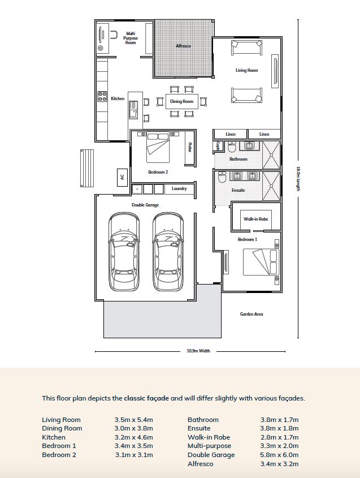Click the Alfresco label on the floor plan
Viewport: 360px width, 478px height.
pyautogui.click(x=183, y=46)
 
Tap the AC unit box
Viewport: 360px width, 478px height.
pyautogui.click(x=122, y=177)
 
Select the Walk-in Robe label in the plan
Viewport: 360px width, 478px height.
pyautogui.click(x=256, y=219)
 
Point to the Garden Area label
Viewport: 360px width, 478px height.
pyautogui.click(x=251, y=314)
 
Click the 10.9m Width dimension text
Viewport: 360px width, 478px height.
pyautogui.click(x=198, y=351)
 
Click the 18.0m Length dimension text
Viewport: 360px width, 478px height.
pyautogui.click(x=298, y=179)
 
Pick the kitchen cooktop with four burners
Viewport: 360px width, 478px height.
pyautogui.click(x=102, y=97)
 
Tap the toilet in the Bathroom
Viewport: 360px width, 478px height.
pyautogui.click(x=232, y=147)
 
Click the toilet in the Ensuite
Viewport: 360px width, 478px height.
pyautogui.click(x=222, y=177)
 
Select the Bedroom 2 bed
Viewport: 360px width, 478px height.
pyautogui.click(x=158, y=147)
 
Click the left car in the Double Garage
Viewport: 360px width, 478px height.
pyautogui.click(x=124, y=252)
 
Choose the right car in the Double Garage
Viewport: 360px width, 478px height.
pyautogui.click(x=168, y=252)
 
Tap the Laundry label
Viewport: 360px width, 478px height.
pyautogui.click(x=179, y=189)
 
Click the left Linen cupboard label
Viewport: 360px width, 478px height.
pyautogui.click(x=231, y=134)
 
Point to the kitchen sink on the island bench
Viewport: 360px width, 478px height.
pyautogui.click(x=133, y=109)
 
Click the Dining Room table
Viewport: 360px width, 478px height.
pyautogui.click(x=182, y=101)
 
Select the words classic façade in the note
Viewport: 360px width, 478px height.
pyautogui.click(x=146, y=398)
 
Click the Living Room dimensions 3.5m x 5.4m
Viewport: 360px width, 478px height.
pyautogui.click(x=134, y=420)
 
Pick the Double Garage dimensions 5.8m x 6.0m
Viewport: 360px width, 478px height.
pyautogui.click(x=279, y=455)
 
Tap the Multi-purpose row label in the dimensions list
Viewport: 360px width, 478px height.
pyautogui.click(x=209, y=446)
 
